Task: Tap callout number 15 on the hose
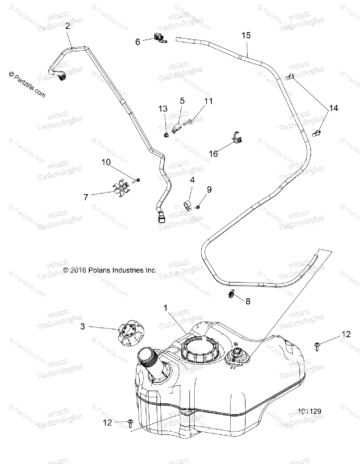click(x=246, y=35)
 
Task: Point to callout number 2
click(x=68, y=26)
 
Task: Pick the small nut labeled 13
click(x=166, y=135)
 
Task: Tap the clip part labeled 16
click(x=238, y=138)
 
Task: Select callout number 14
click(x=333, y=108)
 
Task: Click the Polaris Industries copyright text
click(x=110, y=270)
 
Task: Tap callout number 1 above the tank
click(x=165, y=308)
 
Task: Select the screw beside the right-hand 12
click(x=318, y=345)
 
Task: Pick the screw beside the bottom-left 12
click(x=130, y=423)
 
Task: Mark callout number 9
click(x=209, y=189)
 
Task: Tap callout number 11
click(x=209, y=101)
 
